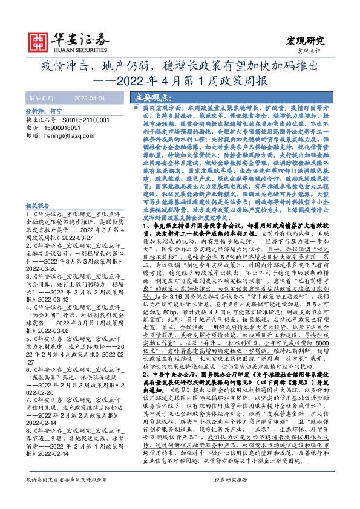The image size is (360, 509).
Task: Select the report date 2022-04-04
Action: pos(90,97)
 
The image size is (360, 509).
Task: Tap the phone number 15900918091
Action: pos(64,128)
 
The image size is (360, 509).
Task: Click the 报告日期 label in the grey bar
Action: pos(41,97)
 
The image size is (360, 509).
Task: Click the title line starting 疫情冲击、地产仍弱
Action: pos(180,65)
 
